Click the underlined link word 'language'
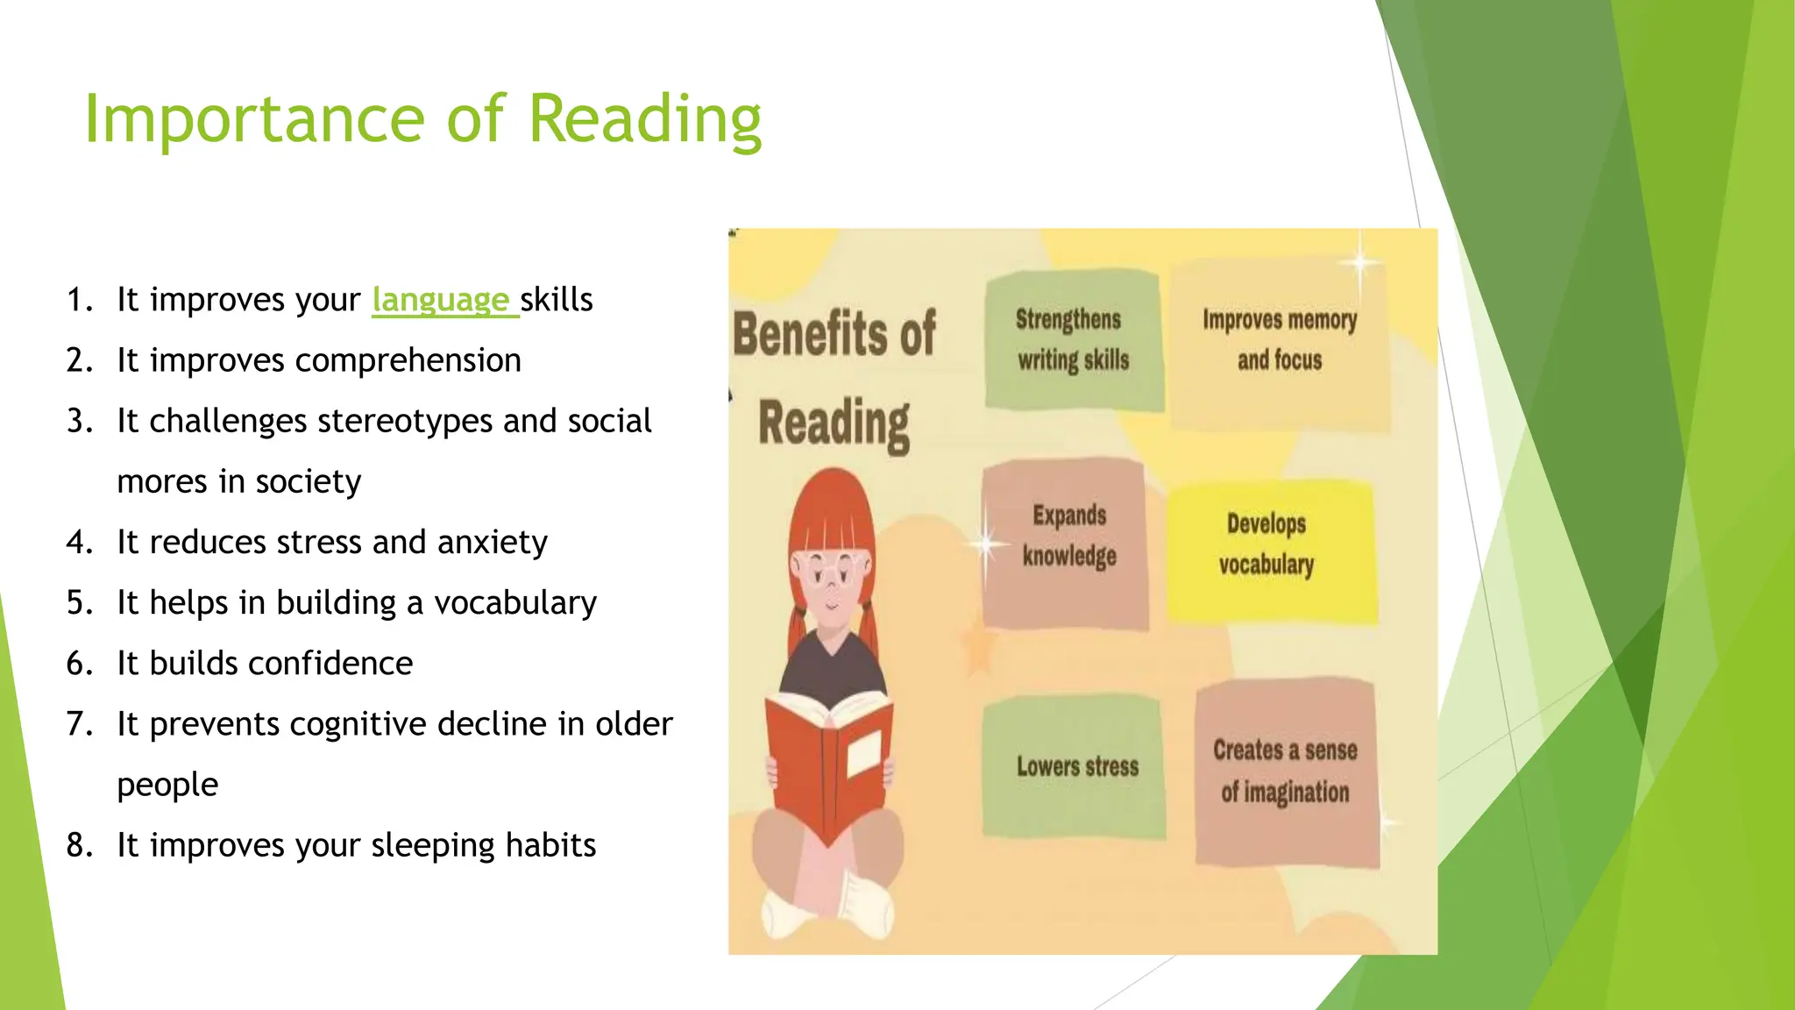(440, 300)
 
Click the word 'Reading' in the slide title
(645, 119)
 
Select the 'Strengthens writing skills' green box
(1073, 340)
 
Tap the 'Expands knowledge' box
(1066, 544)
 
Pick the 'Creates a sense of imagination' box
(1285, 772)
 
